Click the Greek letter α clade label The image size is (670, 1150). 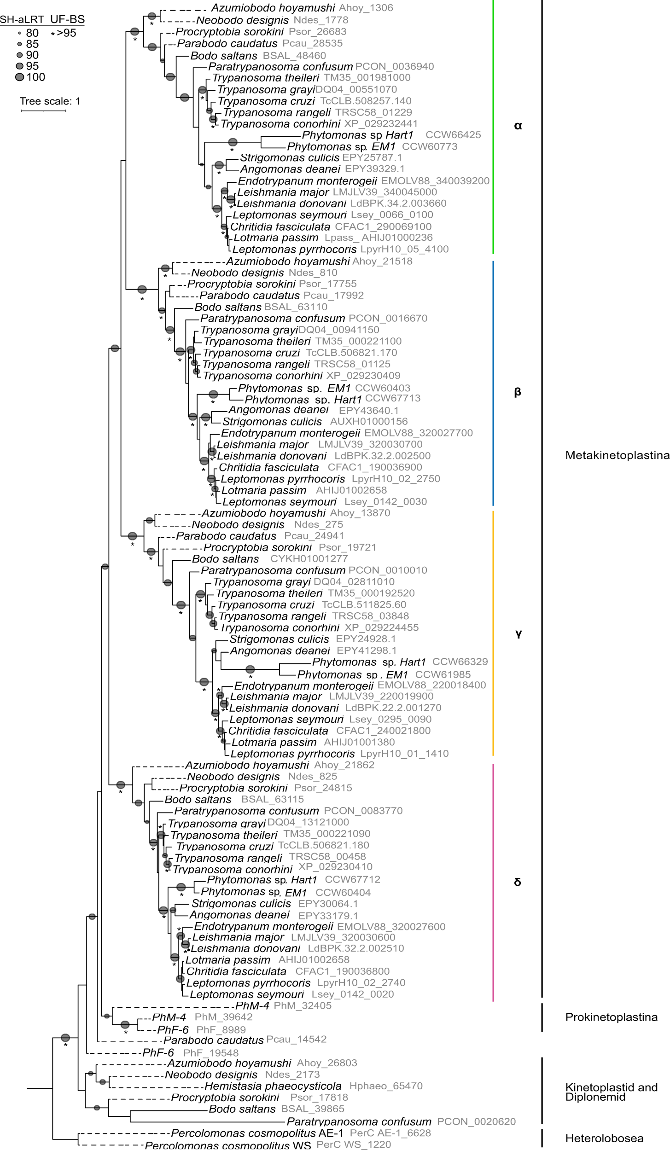[518, 126]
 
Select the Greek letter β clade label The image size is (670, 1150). [517, 392]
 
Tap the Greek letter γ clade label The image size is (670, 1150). [518, 634]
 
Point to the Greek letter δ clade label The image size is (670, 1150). [518, 882]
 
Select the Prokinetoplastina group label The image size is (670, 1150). [611, 1017]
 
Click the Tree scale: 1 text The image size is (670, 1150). [50, 101]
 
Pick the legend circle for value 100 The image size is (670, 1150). [19, 77]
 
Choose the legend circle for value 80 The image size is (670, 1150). [19, 33]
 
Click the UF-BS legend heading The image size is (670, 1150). [67, 19]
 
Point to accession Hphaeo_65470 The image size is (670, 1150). [386, 1086]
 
